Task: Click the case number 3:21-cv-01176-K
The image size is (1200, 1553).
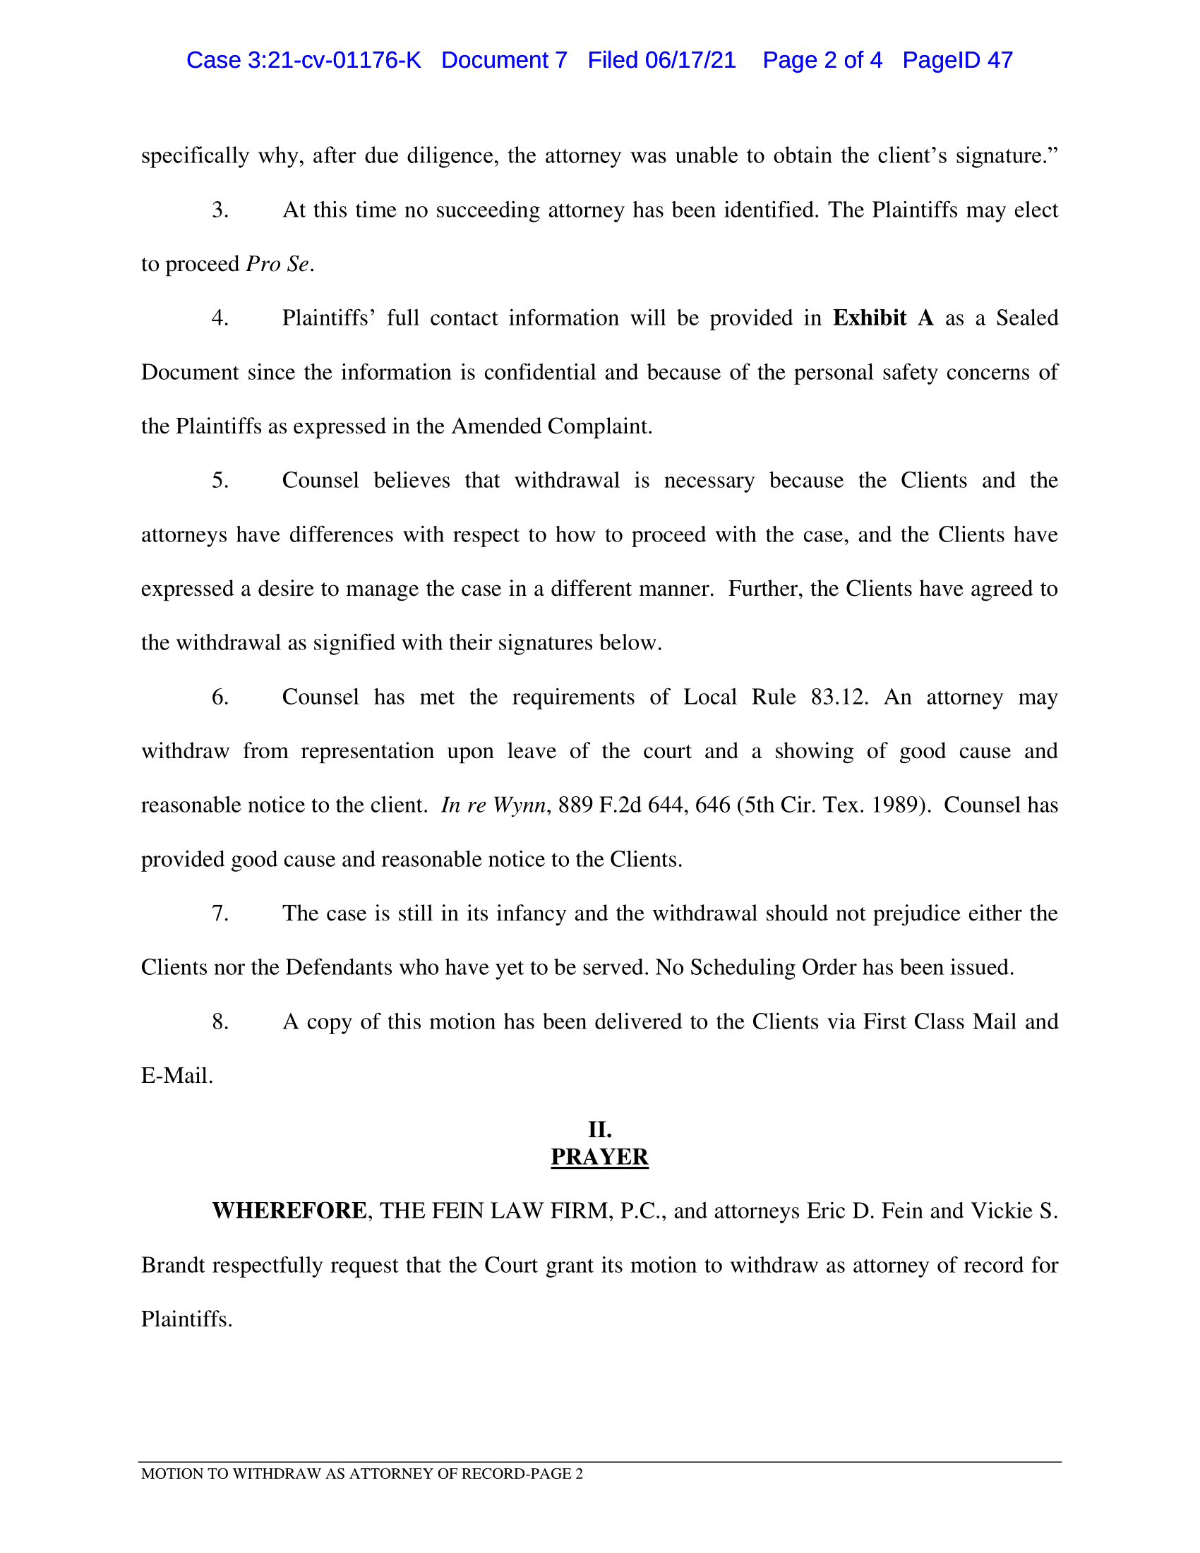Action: tap(334, 61)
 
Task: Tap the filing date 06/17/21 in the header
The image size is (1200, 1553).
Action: tap(690, 61)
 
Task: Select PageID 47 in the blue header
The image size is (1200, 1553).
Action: tap(957, 61)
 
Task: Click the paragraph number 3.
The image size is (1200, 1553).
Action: tap(220, 210)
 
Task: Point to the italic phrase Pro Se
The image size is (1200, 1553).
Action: tap(278, 265)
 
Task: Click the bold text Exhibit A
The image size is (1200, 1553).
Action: tap(883, 318)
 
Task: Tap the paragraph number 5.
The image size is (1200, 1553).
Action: tap(220, 481)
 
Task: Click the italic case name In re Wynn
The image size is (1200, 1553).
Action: tap(493, 805)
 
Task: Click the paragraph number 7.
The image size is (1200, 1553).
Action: tap(220, 913)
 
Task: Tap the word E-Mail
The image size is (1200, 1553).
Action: tap(177, 1076)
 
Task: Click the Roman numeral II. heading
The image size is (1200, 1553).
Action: tap(600, 1130)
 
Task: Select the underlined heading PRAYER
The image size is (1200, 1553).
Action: tap(600, 1157)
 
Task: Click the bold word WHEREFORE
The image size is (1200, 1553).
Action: tap(289, 1211)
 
